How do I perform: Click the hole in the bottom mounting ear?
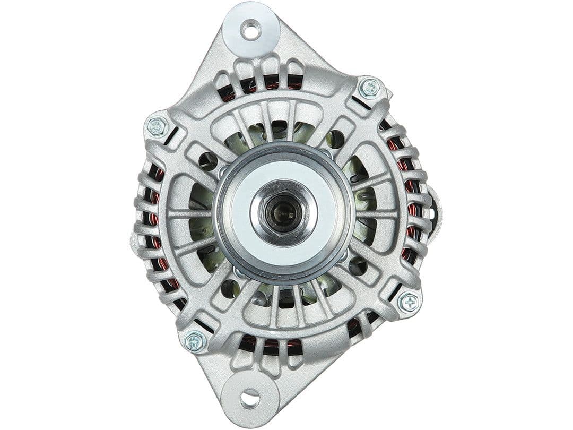(x=250, y=398)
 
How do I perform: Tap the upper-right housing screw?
(x=369, y=88)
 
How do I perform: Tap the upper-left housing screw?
(x=156, y=126)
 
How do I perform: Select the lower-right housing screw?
(x=409, y=303)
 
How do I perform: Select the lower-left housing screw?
(x=195, y=340)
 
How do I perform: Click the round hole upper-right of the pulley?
(x=336, y=139)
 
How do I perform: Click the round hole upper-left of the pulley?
(x=207, y=160)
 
